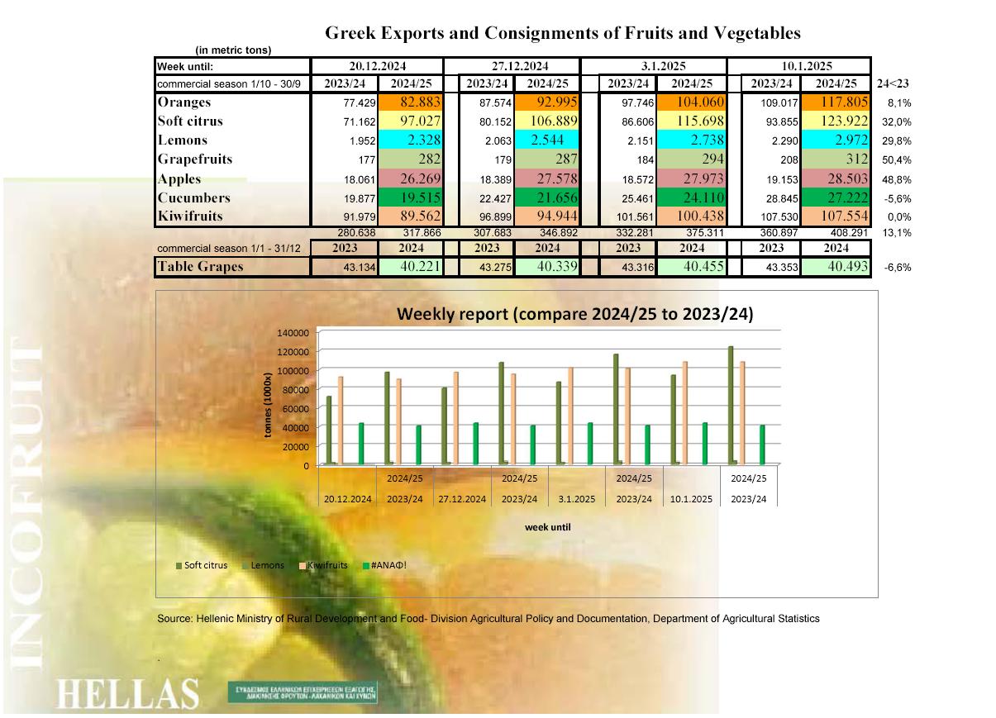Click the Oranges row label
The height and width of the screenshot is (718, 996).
click(x=183, y=102)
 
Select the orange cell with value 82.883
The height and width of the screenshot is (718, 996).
click(x=411, y=102)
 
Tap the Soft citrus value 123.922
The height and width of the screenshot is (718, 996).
click(x=836, y=121)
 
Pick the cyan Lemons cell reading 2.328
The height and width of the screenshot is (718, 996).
click(x=411, y=140)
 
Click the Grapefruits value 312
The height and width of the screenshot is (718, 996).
click(x=836, y=159)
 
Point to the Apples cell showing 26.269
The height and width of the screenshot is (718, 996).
click(x=411, y=178)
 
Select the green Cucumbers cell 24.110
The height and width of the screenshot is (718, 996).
click(x=691, y=197)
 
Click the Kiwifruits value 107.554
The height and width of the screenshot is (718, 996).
click(x=836, y=216)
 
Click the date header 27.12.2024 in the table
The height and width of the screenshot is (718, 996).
click(x=512, y=66)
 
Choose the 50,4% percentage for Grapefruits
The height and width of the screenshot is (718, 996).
click(x=894, y=159)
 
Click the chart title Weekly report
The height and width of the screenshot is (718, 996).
click(x=574, y=314)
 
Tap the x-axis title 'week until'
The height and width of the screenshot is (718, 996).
click(x=548, y=527)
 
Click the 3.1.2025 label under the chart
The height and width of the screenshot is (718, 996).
click(x=576, y=499)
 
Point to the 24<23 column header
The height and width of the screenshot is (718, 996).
click(x=893, y=83)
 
